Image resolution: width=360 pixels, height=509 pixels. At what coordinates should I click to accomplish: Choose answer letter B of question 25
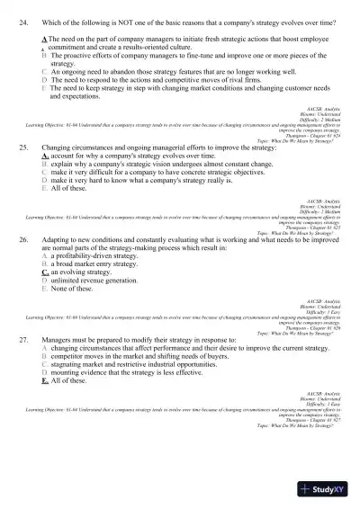[44, 163]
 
